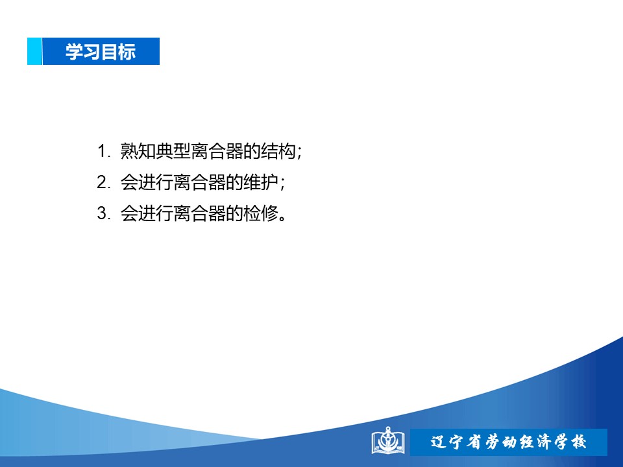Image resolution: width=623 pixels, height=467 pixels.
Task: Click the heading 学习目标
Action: coord(101,52)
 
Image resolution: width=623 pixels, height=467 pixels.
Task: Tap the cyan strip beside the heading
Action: coord(34,51)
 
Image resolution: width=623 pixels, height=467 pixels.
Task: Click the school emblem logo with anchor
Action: coord(388,441)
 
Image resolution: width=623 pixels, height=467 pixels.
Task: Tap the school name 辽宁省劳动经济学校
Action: coord(508,442)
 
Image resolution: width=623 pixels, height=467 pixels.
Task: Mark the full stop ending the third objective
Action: coord(282,218)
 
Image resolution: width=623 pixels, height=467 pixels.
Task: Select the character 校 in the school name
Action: coord(578,442)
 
